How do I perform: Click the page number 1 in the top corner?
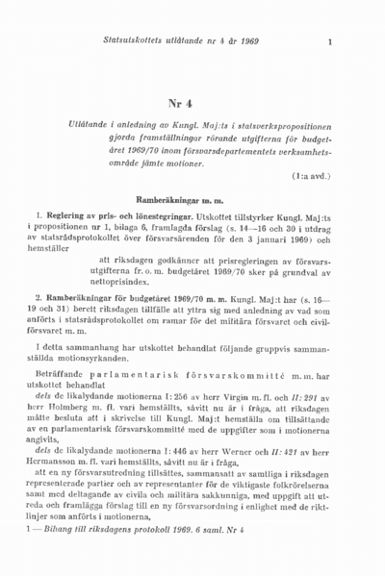coord(329,40)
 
